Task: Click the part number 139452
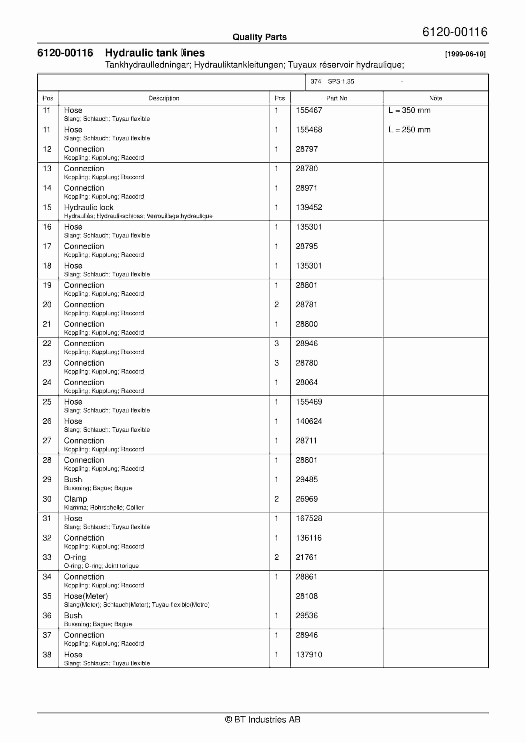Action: point(309,207)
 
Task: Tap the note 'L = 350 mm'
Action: point(409,110)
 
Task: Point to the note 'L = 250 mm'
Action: point(409,130)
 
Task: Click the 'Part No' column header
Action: point(337,98)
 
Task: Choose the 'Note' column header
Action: point(435,98)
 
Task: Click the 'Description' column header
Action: point(164,98)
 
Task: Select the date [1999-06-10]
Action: point(465,54)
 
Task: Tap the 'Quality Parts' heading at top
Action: point(259,37)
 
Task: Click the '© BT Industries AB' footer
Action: point(263,719)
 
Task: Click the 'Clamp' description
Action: point(75,499)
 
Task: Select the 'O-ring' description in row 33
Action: point(75,557)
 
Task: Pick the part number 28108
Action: point(306,596)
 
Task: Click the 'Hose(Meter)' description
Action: point(86,596)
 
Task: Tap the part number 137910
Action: point(309,655)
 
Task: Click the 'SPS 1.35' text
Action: point(341,82)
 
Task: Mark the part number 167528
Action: point(309,518)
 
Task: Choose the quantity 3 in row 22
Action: point(276,343)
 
